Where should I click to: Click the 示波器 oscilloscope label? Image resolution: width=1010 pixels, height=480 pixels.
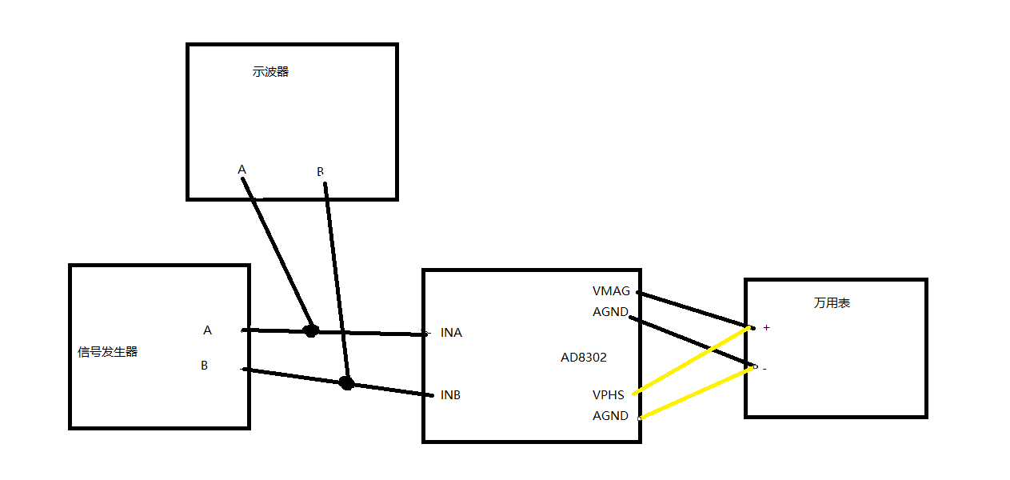[270, 72]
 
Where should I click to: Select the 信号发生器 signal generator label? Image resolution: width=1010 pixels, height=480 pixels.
[108, 351]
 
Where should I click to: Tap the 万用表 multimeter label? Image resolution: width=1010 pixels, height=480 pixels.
[832, 303]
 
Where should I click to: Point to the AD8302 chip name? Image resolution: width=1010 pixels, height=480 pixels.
[584, 358]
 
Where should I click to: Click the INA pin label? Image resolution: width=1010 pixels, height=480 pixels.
[451, 333]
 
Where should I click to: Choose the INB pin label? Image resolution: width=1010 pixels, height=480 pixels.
[450, 395]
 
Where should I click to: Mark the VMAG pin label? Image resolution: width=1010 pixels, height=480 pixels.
[611, 291]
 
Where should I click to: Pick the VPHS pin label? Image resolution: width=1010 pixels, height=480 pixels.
[609, 395]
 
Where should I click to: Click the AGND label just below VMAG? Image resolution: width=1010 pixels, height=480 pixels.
[610, 312]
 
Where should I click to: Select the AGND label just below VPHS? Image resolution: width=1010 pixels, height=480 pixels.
[610, 416]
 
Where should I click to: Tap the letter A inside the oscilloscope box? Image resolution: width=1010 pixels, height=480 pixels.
[242, 170]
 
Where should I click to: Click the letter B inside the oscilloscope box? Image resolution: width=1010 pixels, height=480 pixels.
[321, 172]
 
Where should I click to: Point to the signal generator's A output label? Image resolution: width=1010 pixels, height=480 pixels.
[208, 330]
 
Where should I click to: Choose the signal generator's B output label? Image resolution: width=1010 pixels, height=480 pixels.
[205, 366]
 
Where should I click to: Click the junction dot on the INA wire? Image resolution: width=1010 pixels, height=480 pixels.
[311, 330]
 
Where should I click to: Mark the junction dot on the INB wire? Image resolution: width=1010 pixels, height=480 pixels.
[346, 383]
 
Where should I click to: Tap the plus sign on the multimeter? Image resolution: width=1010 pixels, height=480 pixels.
[767, 327]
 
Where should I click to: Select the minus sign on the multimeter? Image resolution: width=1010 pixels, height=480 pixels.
[764, 369]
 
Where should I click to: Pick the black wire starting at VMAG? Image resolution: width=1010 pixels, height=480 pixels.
[692, 309]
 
